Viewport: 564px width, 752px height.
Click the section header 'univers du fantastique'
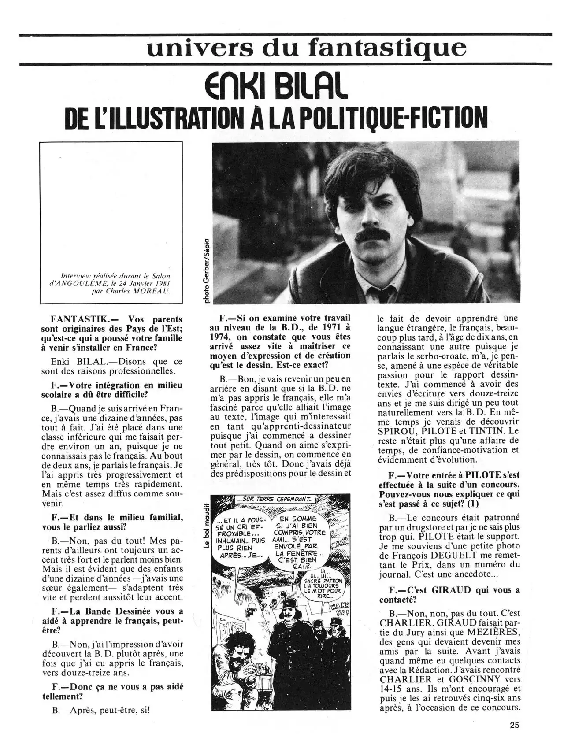tap(306, 48)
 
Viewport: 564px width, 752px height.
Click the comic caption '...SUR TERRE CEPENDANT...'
tap(275, 500)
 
